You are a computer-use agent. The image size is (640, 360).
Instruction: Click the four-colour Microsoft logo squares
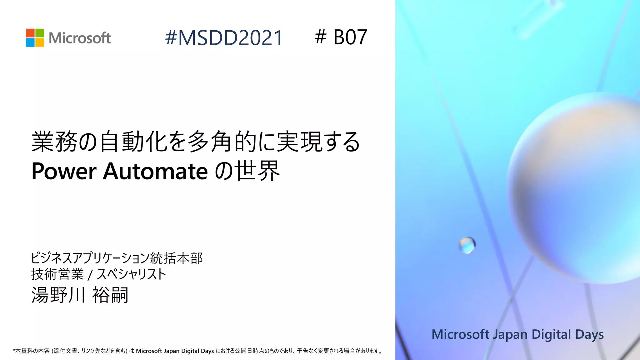(35, 38)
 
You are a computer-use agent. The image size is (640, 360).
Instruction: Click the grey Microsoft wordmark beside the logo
(80, 38)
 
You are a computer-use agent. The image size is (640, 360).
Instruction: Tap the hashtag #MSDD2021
(224, 38)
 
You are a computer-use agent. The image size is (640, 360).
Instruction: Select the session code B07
(350, 37)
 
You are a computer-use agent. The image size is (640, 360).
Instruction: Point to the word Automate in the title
(155, 171)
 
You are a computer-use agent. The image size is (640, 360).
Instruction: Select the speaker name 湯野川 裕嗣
(80, 295)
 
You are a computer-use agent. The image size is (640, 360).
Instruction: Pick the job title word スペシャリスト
(131, 274)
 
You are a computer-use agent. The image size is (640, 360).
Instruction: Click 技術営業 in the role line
(57, 274)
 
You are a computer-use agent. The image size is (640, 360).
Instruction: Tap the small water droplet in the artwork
(467, 245)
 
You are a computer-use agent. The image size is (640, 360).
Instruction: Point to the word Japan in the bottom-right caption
(510, 334)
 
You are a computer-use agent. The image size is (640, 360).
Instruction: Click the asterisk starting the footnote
(14, 351)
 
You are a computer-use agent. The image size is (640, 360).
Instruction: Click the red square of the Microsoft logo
(30, 33)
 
